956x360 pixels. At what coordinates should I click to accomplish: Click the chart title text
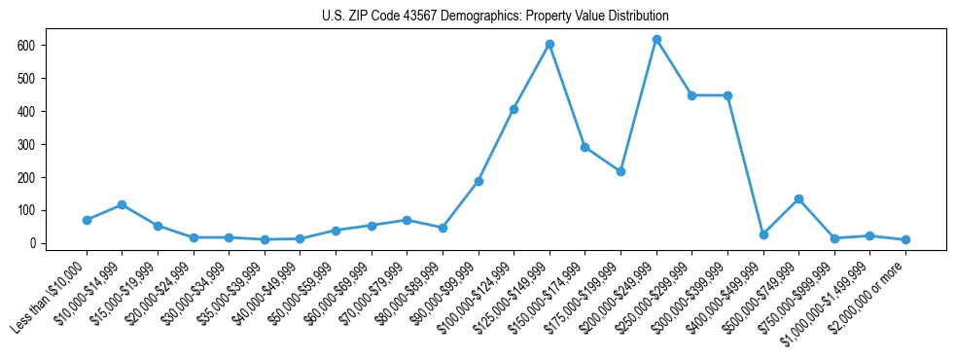[495, 17]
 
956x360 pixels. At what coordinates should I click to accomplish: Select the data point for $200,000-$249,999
[656, 40]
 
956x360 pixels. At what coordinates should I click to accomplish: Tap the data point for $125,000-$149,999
[549, 44]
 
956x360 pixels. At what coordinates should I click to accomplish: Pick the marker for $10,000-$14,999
[122, 204]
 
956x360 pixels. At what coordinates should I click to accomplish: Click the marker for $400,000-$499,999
[763, 234]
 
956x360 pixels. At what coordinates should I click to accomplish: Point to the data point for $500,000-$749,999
[798, 198]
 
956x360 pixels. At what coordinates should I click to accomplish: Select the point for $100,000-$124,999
[513, 109]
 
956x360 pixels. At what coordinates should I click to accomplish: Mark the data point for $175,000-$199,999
[620, 171]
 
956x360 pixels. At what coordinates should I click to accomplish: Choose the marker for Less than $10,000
[87, 220]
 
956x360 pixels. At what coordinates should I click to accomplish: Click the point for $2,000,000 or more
[905, 239]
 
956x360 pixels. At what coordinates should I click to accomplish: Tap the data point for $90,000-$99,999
[478, 181]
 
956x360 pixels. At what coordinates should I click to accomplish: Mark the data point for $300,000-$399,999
[727, 95]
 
